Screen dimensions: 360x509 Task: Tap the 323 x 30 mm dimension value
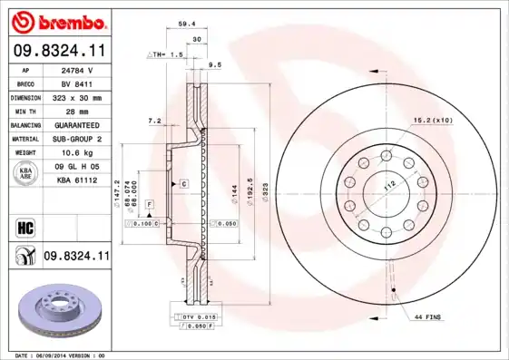point(75,96)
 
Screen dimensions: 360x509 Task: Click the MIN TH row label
point(24,111)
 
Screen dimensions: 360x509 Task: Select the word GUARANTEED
point(75,125)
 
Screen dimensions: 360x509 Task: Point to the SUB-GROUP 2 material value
point(75,139)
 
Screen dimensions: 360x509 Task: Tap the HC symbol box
point(24,227)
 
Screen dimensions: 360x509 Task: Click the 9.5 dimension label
point(215,65)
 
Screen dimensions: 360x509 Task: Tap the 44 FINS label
point(427,316)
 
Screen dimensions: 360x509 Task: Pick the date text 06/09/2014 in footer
point(56,355)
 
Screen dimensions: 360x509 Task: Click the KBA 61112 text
point(75,180)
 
